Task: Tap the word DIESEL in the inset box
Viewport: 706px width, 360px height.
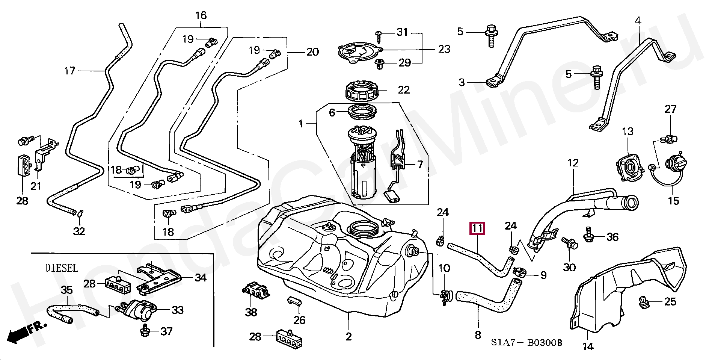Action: click(62, 268)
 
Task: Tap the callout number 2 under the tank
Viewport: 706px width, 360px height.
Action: click(348, 336)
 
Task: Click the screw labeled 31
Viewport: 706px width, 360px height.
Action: click(380, 35)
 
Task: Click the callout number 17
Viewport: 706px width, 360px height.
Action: click(70, 70)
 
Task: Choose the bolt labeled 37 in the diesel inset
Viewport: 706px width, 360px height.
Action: click(145, 331)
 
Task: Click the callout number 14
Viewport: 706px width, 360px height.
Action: click(588, 346)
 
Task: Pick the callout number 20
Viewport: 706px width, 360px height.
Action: click(312, 52)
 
